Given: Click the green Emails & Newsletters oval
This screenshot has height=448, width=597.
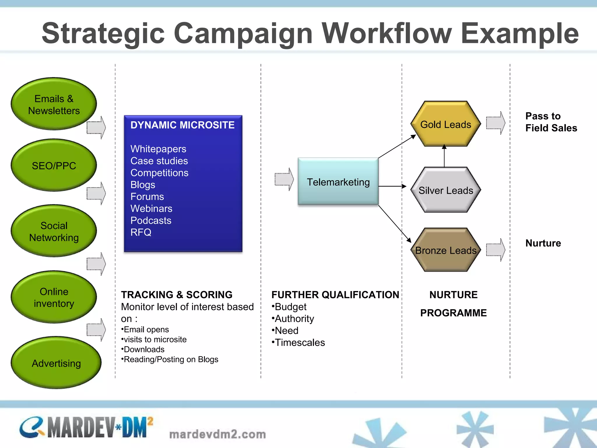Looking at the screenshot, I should [54, 104].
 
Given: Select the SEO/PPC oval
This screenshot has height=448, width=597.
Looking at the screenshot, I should [54, 165].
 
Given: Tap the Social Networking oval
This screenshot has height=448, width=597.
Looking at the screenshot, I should [54, 231].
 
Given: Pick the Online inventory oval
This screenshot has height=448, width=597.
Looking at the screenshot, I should [54, 297].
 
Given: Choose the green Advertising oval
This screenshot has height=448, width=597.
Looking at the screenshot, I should [56, 363].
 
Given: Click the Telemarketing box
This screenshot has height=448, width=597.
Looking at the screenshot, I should [338, 182].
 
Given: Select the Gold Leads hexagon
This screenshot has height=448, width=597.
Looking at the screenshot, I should [445, 124].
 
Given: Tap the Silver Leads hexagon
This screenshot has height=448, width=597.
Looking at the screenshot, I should [445, 190].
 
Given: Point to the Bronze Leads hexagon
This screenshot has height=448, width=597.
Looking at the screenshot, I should [445, 250].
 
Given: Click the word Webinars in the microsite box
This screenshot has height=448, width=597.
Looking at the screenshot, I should [151, 209].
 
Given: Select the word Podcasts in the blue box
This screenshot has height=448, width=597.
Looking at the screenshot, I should [151, 220].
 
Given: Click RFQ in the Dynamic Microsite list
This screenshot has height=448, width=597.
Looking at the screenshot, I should [141, 232].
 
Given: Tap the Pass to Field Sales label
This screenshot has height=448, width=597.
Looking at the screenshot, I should [551, 122].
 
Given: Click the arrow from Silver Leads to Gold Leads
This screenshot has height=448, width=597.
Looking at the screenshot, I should [444, 156].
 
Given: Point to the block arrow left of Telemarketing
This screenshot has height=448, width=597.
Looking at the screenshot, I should [284, 179].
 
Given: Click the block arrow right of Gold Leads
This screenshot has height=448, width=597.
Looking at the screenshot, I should [495, 123].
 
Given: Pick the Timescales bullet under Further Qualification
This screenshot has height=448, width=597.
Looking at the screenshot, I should [298, 342].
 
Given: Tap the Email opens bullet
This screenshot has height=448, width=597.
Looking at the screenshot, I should [145, 330].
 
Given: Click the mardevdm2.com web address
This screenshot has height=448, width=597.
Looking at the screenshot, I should [217, 434].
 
